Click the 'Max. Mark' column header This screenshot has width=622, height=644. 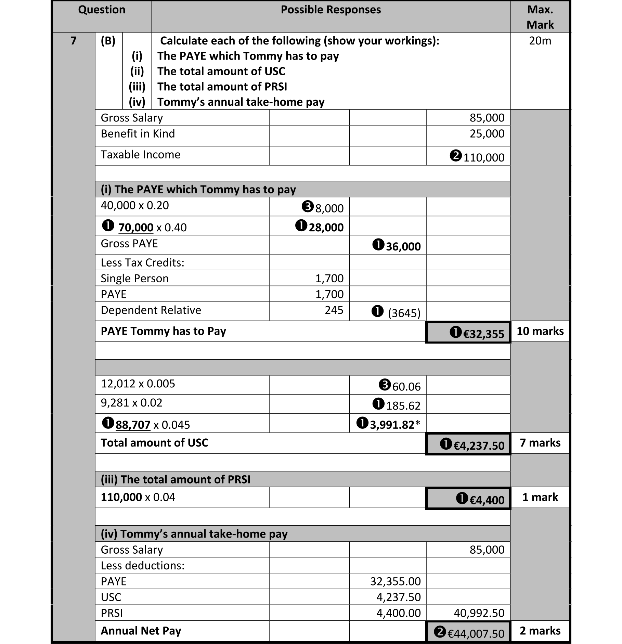(540, 17)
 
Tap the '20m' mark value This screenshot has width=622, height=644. (540, 41)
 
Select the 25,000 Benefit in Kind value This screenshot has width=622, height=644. (487, 133)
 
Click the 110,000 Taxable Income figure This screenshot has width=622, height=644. (483, 157)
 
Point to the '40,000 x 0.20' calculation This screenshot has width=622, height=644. (135, 205)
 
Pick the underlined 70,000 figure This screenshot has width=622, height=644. (136, 228)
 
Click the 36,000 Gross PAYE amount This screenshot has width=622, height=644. (403, 246)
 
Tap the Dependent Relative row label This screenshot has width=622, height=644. (151, 310)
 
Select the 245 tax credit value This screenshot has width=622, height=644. (334, 310)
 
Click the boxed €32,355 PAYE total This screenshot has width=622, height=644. (483, 334)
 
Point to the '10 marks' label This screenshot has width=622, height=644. (540, 331)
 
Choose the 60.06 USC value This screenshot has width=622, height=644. (406, 387)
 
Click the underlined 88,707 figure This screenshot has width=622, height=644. (133, 425)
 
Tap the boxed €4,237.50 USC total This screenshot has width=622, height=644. (478, 446)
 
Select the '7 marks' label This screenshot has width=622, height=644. (540, 443)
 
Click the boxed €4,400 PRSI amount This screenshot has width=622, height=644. (487, 500)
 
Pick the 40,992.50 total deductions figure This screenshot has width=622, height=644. (479, 613)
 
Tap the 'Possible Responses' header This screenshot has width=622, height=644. (331, 10)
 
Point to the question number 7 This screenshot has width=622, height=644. (73, 41)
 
